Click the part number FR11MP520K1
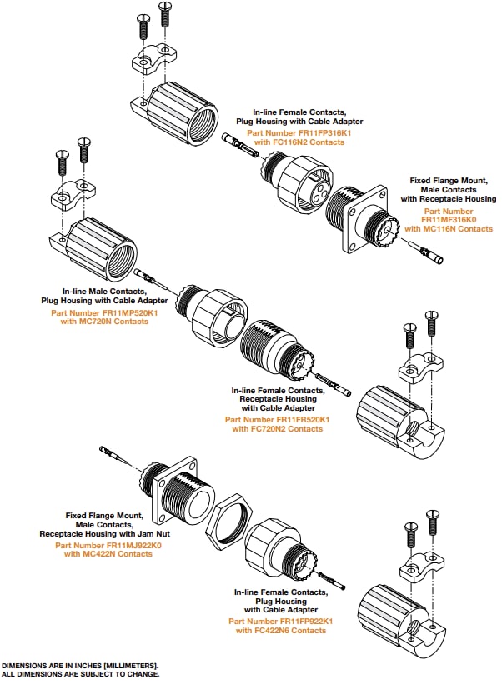[113, 312]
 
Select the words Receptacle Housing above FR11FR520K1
[278, 398]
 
